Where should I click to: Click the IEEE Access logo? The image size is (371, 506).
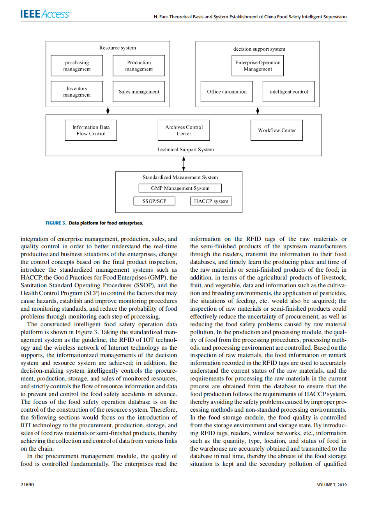pyautogui.click(x=45, y=14)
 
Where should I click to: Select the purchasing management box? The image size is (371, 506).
pyautogui.click(x=77, y=65)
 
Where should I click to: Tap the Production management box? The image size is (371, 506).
pyautogui.click(x=139, y=65)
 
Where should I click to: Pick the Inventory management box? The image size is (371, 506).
pyautogui.click(x=77, y=92)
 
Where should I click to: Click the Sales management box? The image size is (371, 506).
pyautogui.click(x=139, y=92)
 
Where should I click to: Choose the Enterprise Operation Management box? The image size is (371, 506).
pyautogui.click(x=258, y=65)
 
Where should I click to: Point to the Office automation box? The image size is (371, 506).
pyautogui.click(x=226, y=92)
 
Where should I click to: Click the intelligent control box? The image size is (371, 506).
pyautogui.click(x=288, y=92)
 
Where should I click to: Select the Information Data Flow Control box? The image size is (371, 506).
pyautogui.click(x=91, y=130)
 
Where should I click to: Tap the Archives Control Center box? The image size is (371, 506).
pyautogui.click(x=184, y=130)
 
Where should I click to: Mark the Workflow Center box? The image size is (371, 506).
pyautogui.click(x=277, y=130)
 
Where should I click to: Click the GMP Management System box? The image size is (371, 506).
pyautogui.click(x=180, y=188)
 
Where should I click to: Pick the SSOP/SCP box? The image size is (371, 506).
pyautogui.click(x=154, y=201)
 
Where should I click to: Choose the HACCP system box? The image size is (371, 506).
pyautogui.click(x=211, y=201)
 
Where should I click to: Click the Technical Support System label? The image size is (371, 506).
pyautogui.click(x=185, y=150)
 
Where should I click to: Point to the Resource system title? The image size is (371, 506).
pyautogui.click(x=118, y=48)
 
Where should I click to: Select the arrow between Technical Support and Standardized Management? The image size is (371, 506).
pyautogui.click(x=184, y=164)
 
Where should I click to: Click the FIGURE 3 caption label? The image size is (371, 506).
pyautogui.click(x=56, y=223)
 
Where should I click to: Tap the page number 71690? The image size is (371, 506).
pyautogui.click(x=27, y=485)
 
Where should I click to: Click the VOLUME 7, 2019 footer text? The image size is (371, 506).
pyautogui.click(x=332, y=485)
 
